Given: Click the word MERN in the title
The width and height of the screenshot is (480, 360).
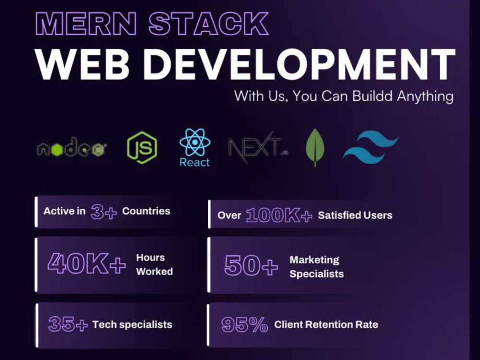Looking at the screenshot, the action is tap(86, 24).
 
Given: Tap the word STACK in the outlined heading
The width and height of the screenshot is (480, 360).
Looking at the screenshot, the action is tap(209, 24).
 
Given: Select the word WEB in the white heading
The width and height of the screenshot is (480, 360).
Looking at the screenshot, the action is tap(82, 65).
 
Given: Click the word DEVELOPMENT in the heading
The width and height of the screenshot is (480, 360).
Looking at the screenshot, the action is tap(299, 65).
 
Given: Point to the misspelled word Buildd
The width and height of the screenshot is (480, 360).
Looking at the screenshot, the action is tap(372, 96).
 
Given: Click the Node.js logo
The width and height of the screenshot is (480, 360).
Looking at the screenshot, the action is tap(72, 147).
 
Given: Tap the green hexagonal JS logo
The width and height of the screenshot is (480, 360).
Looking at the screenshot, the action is tap(142, 147).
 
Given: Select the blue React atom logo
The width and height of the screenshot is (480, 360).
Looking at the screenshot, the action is tap(195, 147).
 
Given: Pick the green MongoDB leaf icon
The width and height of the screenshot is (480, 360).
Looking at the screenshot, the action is tap(315, 147).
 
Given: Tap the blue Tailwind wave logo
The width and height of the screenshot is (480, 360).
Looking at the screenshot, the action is tap(371, 146).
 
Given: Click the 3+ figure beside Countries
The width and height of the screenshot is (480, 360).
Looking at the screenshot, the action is tap(104, 212).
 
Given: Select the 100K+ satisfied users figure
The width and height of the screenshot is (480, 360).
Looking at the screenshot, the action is tap(279, 215).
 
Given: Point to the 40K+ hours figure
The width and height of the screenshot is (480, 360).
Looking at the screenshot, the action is tap(86, 264).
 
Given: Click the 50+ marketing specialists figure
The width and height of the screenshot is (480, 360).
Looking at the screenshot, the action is tap(251, 265).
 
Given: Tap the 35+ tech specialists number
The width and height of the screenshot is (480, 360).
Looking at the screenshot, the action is tap(68, 324).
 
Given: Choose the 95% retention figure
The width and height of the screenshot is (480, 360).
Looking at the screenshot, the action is tap(245, 324).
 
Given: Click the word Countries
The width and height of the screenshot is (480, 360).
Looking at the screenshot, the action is tap(146, 211).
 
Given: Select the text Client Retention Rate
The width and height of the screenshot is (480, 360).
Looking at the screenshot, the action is tap(326, 324).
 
